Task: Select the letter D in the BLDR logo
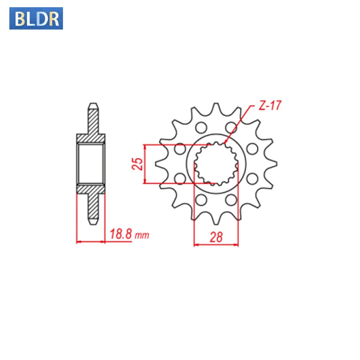[42, 18]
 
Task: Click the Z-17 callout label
[270, 105]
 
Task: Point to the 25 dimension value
[138, 164]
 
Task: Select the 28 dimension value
[216, 237]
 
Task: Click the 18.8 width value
[121, 234]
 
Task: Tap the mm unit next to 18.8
[142, 235]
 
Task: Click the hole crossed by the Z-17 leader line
[231, 127]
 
